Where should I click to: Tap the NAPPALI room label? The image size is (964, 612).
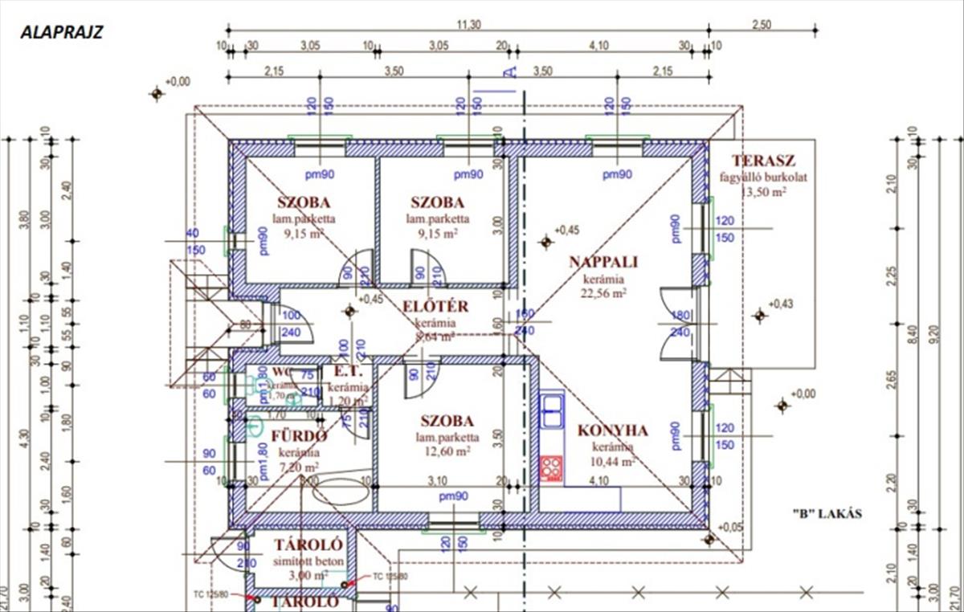(x=603, y=262)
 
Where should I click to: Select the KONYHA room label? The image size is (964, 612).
(x=612, y=430)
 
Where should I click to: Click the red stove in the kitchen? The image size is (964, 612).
(x=551, y=468)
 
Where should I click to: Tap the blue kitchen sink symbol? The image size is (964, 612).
(x=551, y=410)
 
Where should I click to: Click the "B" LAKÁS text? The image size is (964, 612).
(x=827, y=514)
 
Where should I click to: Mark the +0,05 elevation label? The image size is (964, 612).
(x=731, y=527)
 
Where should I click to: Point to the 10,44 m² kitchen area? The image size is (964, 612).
(x=614, y=461)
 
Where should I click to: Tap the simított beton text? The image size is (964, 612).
(x=297, y=561)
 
